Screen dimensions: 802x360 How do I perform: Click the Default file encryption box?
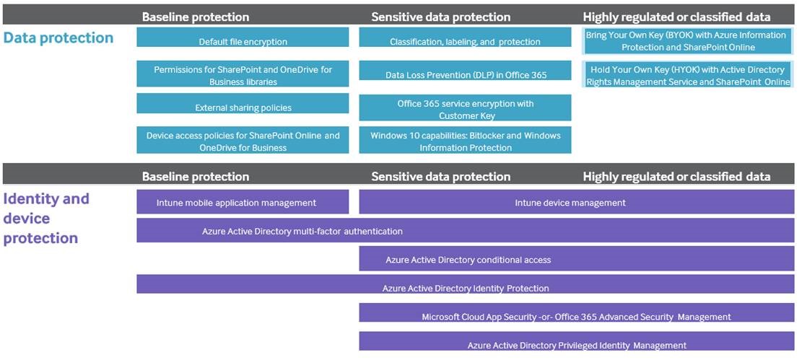point(243,38)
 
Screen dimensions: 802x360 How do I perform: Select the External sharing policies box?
point(243,103)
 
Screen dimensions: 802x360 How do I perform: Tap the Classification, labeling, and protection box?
point(465,38)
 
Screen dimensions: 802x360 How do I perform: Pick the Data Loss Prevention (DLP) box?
point(465,71)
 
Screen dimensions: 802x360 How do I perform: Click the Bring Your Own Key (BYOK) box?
point(688,41)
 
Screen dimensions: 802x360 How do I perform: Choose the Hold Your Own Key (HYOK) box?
point(688,74)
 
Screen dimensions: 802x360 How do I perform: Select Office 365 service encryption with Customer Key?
point(465,107)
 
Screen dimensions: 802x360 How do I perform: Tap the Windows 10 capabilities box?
point(465,140)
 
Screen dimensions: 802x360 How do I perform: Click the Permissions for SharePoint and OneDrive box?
point(243,74)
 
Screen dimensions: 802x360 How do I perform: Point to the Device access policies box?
point(243,140)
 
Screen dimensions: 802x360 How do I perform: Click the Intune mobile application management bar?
point(243,202)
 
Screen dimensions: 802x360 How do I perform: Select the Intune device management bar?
point(577,202)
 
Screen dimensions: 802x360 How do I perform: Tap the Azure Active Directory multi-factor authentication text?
point(302,231)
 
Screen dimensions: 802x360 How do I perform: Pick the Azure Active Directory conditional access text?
point(468,260)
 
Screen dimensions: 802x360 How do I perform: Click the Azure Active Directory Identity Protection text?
point(466,289)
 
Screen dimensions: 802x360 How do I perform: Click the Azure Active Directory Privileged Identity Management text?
point(577,346)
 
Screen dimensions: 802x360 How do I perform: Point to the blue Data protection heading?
point(58,38)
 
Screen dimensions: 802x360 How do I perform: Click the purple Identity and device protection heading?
point(46,219)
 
